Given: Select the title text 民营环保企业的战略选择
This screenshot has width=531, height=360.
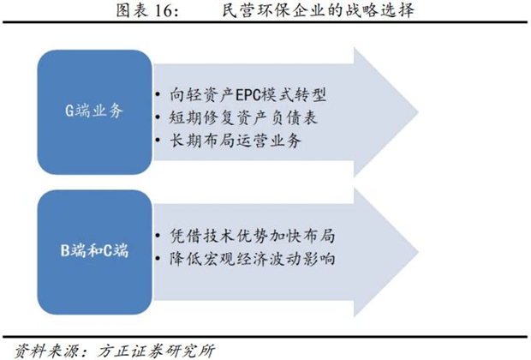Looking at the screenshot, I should click(318, 12).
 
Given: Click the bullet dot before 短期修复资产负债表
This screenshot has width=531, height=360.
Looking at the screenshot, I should click(163, 117).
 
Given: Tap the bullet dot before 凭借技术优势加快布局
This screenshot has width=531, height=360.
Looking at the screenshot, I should click(163, 236).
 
